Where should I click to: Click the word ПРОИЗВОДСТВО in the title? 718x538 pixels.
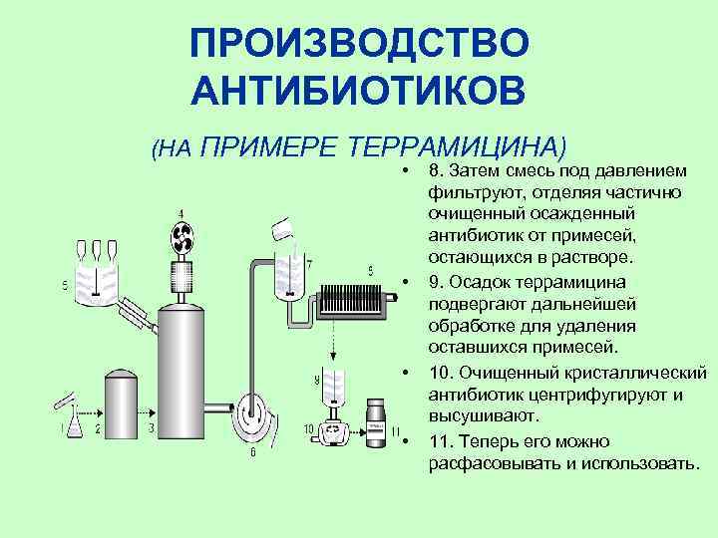pos(358,44)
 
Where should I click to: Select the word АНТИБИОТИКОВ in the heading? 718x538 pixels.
pos(358,93)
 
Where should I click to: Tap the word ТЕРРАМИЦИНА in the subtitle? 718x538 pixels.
pos(460,148)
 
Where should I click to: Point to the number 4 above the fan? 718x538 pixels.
pos(180,214)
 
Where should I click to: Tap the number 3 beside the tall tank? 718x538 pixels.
pos(152,428)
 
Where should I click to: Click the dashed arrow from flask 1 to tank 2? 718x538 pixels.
pos(88,411)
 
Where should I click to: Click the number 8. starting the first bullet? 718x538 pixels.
pos(437,170)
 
